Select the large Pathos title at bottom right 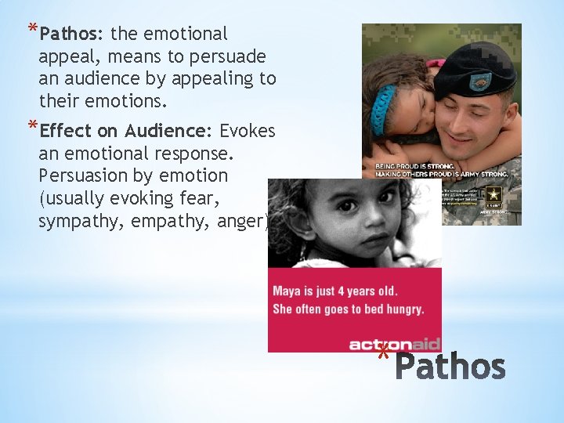coord(450,366)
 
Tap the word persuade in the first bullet coord(227,56)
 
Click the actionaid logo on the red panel coord(394,343)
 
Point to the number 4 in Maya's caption coord(339,291)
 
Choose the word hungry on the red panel coord(403,309)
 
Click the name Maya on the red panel coord(287,291)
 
